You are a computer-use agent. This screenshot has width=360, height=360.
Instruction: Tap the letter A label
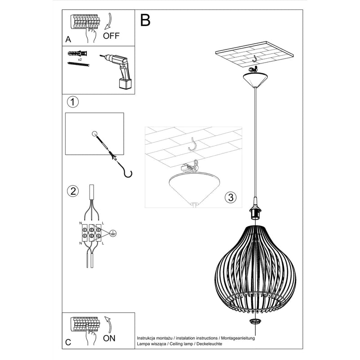point(68,40)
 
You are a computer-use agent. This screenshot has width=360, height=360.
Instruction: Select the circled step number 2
point(72,191)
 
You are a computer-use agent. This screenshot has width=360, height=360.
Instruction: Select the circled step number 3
point(230,197)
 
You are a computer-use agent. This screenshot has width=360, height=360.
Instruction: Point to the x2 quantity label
point(79,59)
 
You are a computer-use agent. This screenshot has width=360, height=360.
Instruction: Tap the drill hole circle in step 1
point(94,133)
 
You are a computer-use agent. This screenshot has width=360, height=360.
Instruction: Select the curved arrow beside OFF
point(109,22)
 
